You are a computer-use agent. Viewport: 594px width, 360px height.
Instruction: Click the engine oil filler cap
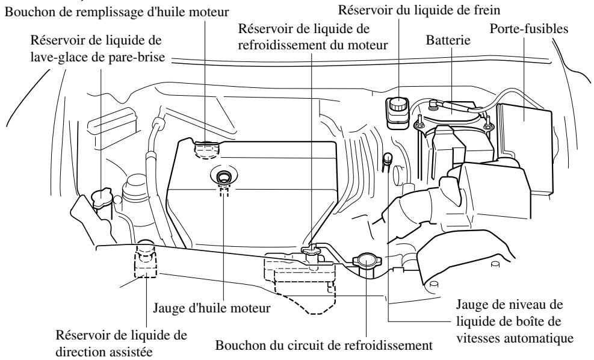pos(206,145)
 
